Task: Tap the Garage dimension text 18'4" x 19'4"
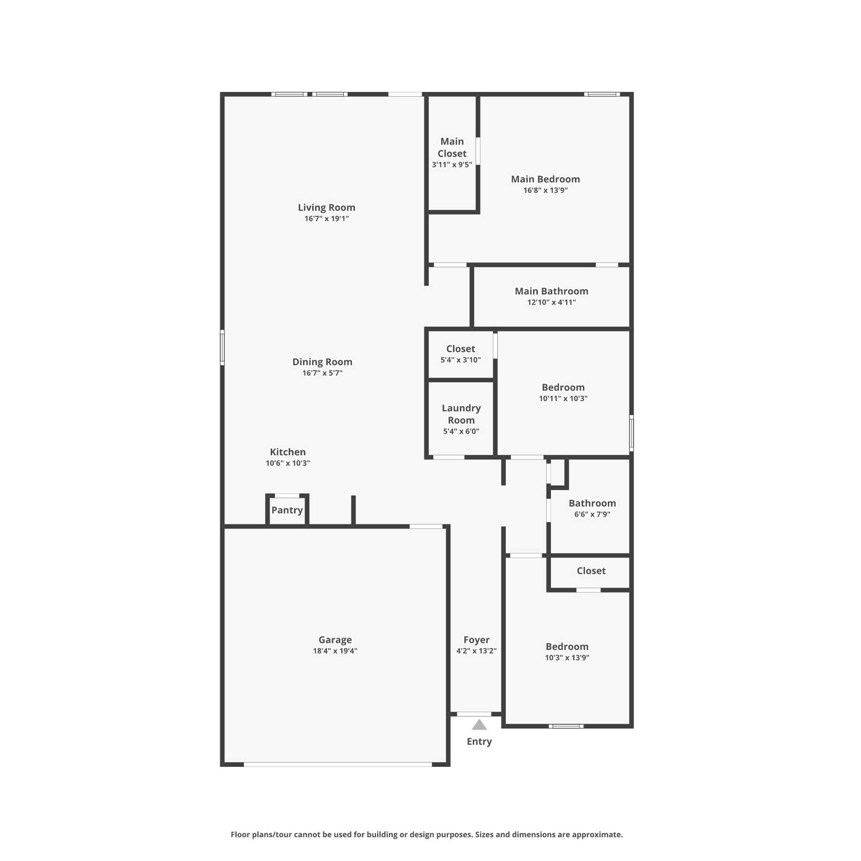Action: tap(335, 651)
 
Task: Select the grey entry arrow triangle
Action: tap(479, 725)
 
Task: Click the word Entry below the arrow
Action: tap(479, 742)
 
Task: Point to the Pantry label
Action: tap(287, 510)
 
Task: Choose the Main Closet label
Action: tap(452, 147)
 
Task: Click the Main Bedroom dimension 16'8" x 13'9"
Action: tap(545, 190)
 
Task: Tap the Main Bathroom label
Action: tap(551, 291)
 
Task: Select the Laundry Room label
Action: tap(461, 414)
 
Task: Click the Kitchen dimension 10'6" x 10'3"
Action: tap(288, 463)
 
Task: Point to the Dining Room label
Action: tap(322, 362)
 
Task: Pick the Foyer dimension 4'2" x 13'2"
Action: tap(476, 651)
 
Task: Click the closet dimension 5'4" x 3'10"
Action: tap(461, 360)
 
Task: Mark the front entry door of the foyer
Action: tap(474, 714)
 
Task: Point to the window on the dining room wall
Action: tap(222, 348)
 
